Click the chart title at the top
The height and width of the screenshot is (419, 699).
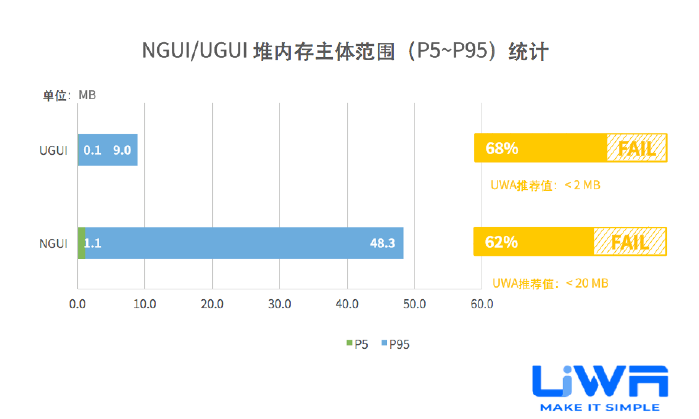pos(345,51)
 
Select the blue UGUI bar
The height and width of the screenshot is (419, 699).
pos(107,150)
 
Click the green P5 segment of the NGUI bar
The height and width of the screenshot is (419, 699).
pos(81,243)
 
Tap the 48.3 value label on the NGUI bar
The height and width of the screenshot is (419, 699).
pos(382,243)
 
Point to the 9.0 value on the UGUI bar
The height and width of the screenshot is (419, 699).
pos(122,150)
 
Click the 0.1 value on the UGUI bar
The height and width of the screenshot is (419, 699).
pos(92,150)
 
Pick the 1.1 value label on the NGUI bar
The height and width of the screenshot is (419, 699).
pos(92,243)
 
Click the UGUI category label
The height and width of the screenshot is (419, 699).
pos(53,150)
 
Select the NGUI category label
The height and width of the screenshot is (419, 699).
pos(53,243)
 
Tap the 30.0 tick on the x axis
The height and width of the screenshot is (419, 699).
pos(280,304)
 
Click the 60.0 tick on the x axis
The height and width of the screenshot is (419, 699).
pos(482,304)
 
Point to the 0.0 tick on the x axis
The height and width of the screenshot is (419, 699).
pos(77,304)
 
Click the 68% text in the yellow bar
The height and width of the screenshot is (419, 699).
pos(502,148)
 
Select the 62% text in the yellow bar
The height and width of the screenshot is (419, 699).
pos(501,242)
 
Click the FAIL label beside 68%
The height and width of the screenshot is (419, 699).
pos(636,148)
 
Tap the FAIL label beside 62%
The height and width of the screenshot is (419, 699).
pos(630,242)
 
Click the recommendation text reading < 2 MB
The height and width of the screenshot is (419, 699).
pos(545,185)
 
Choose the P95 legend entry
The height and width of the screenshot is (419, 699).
pos(396,344)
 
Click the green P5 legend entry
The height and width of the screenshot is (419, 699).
pos(358,344)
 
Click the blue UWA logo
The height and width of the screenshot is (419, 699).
pos(600,382)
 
